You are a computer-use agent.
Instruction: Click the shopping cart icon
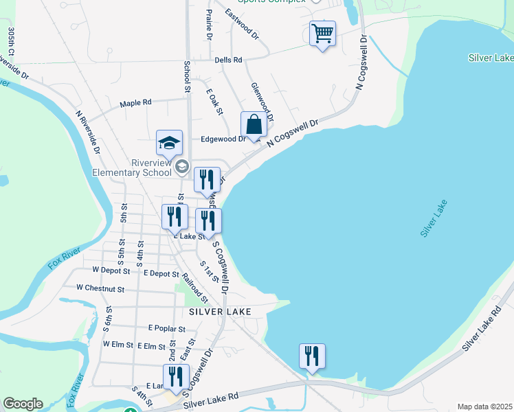click(x=322, y=33)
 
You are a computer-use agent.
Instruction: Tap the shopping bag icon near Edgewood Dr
click(x=254, y=125)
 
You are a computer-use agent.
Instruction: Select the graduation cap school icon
click(x=169, y=143)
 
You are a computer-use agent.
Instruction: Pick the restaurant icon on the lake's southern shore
click(x=312, y=356)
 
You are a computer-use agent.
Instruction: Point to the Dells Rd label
click(x=228, y=60)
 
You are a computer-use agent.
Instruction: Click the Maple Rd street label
click(x=135, y=103)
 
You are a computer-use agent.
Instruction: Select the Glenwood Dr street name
click(x=262, y=103)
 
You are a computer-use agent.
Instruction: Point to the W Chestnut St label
click(x=100, y=288)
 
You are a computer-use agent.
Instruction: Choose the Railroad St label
click(x=194, y=288)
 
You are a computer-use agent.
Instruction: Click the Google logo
click(x=23, y=404)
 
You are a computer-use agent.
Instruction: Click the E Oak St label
click(x=215, y=101)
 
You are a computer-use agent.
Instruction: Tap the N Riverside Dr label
click(x=89, y=133)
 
